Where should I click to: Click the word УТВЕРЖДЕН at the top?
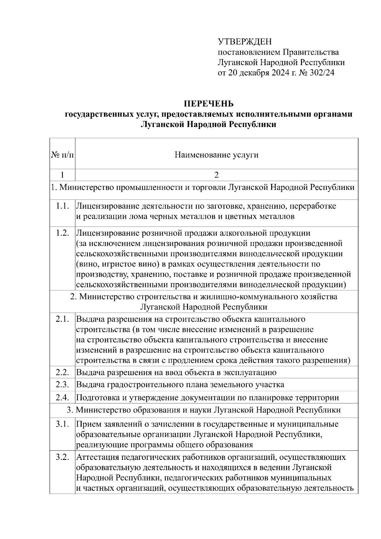245,42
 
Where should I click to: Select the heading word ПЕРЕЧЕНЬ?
209,104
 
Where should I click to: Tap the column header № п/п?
62,155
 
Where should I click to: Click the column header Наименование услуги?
217,155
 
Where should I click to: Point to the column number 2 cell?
217,175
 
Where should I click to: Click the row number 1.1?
62,206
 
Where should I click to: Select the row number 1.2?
62,233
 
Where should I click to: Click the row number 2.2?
62,372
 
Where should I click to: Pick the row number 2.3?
62,385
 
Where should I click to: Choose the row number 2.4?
62,397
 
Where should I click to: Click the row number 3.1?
62,424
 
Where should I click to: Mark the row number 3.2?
62,457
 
